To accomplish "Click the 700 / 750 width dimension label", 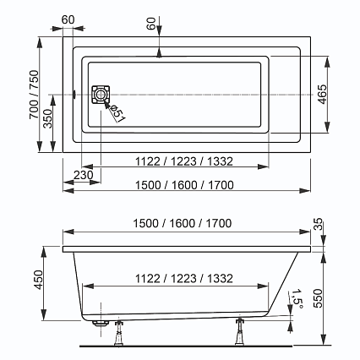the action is click(34, 95).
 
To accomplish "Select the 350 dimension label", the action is click(48, 118).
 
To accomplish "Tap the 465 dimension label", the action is click(323, 94).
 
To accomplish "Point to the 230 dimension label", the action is click(84, 175).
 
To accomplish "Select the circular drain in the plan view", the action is click(100, 95).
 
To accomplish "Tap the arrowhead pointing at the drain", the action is click(106, 104).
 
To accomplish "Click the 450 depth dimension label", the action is click(38, 280).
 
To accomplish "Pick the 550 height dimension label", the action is click(319, 298).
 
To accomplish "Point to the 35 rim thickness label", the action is click(319, 224).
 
